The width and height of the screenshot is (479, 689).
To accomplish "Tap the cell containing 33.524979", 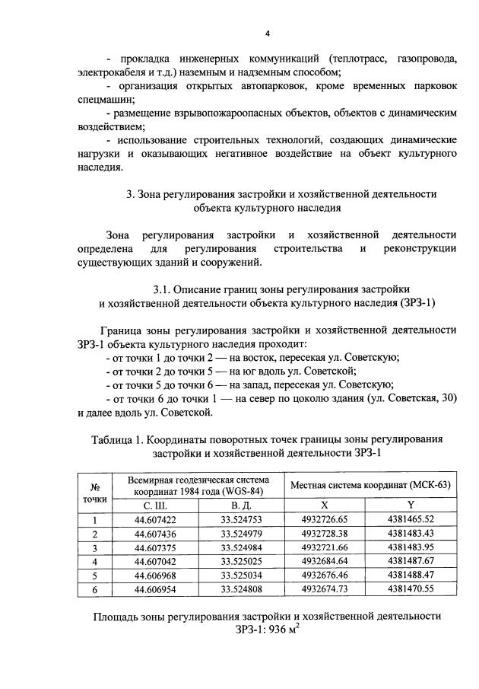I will [x=242, y=533].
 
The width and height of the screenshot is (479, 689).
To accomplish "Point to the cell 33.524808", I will [x=242, y=588].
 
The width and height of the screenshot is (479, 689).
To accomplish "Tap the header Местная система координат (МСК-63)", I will [x=370, y=486].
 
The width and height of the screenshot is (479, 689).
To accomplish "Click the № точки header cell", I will [x=96, y=493].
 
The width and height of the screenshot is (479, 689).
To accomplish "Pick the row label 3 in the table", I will [x=96, y=547].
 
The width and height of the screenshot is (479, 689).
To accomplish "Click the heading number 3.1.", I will [x=161, y=289].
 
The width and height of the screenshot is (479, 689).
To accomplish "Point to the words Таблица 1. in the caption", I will [x=116, y=440].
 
